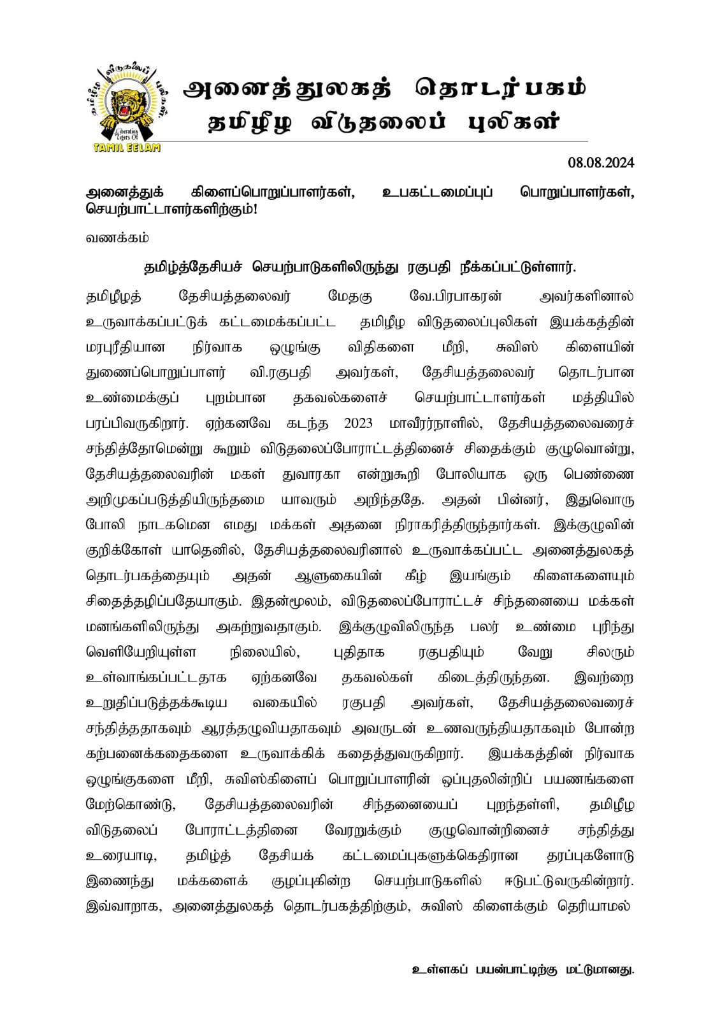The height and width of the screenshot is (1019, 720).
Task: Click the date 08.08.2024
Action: [x=601, y=163]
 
